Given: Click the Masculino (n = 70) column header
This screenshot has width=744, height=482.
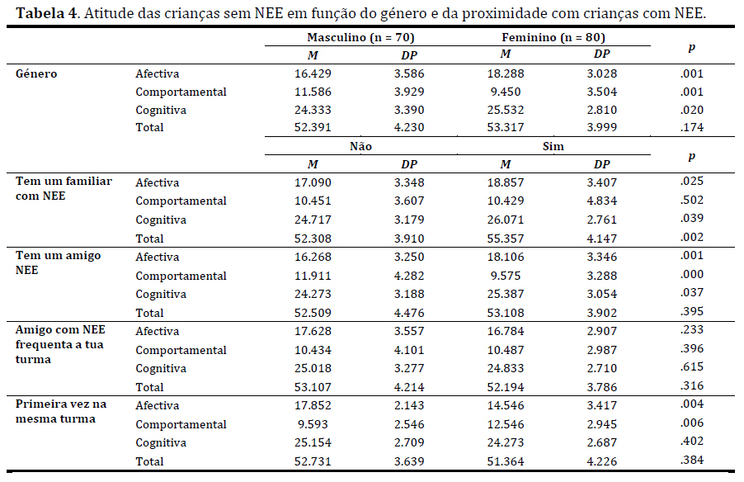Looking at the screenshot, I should [x=360, y=38].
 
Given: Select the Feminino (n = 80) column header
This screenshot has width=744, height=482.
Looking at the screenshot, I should [x=552, y=38].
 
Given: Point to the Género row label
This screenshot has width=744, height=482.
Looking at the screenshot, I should [x=37, y=73].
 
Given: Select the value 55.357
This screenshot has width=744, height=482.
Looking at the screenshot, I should [x=506, y=238].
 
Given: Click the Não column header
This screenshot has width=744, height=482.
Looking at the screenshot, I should [x=360, y=145].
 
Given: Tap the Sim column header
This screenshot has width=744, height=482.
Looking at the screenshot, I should [x=552, y=145].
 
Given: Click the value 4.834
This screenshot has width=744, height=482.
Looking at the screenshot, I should [x=600, y=201].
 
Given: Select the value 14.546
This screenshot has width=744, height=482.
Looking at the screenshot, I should [x=506, y=405].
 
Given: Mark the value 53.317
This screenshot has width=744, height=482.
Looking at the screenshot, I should [x=506, y=127].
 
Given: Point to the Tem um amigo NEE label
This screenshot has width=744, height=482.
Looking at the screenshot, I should [x=59, y=262].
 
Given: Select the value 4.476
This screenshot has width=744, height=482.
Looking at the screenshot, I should [x=408, y=313].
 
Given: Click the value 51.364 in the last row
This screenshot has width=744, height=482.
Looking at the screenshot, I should [x=506, y=461].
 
